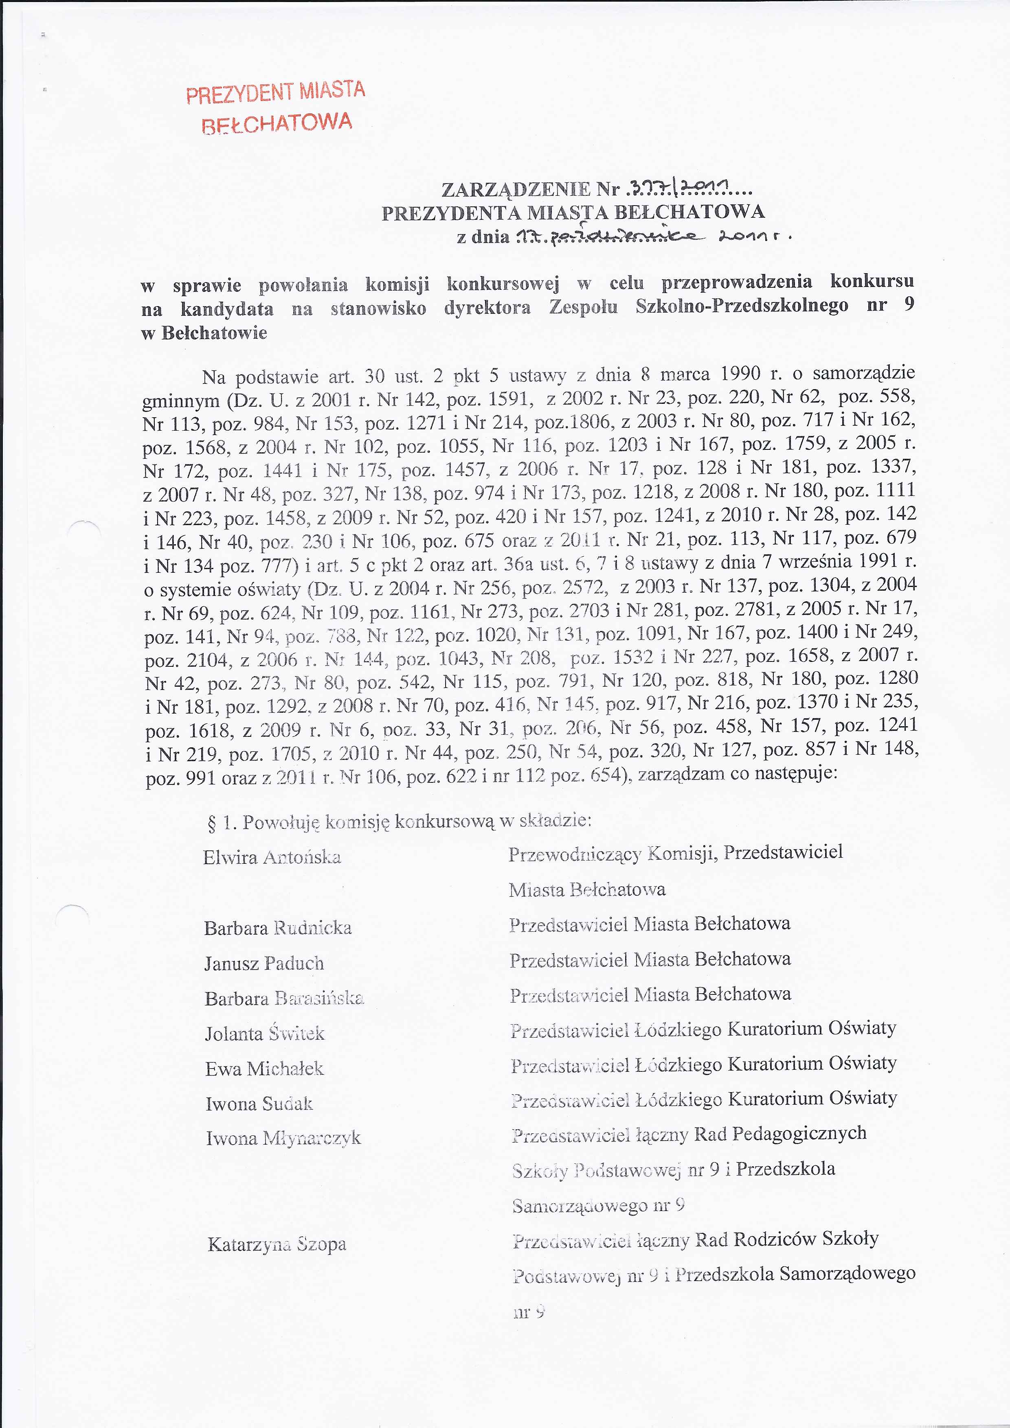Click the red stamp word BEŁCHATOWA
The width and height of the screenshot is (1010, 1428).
(x=277, y=123)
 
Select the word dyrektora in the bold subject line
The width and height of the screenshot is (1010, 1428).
(x=487, y=308)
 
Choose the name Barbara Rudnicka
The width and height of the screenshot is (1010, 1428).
(x=278, y=928)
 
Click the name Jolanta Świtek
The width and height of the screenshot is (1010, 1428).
(x=264, y=1033)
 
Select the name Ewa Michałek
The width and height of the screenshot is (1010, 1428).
(x=264, y=1069)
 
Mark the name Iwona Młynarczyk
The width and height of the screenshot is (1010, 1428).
(x=283, y=1138)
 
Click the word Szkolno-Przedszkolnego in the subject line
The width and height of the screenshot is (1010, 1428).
(x=741, y=306)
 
